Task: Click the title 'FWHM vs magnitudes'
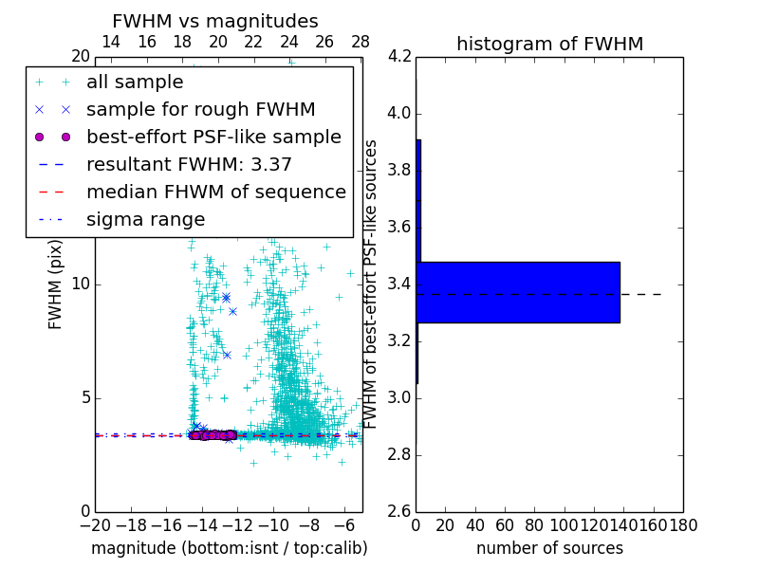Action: (x=214, y=21)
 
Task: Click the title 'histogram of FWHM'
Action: (x=549, y=44)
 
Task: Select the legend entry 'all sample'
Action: (x=135, y=83)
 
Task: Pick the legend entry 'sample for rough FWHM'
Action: (x=200, y=109)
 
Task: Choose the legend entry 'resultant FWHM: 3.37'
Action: (x=189, y=164)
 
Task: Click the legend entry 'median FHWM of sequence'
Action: (x=215, y=192)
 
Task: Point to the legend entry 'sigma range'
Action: (x=145, y=219)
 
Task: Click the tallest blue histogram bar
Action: (x=517, y=292)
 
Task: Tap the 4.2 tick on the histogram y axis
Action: (x=399, y=57)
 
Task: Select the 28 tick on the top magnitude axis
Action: (x=361, y=42)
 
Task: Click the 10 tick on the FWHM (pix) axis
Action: (x=81, y=284)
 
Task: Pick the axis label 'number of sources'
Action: (x=549, y=548)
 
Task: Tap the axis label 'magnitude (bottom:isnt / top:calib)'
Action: (x=229, y=548)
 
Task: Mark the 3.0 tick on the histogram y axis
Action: (x=399, y=397)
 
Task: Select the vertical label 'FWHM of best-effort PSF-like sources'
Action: (x=372, y=284)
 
